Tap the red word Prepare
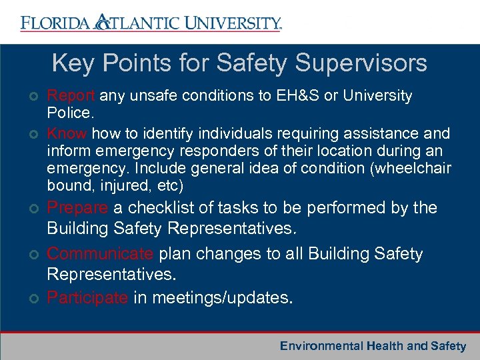click(77, 208)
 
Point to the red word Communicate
click(101, 254)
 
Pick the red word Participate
click(87, 298)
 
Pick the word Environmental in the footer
click(321, 346)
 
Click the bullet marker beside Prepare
click(33, 209)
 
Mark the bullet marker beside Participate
click(33, 299)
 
